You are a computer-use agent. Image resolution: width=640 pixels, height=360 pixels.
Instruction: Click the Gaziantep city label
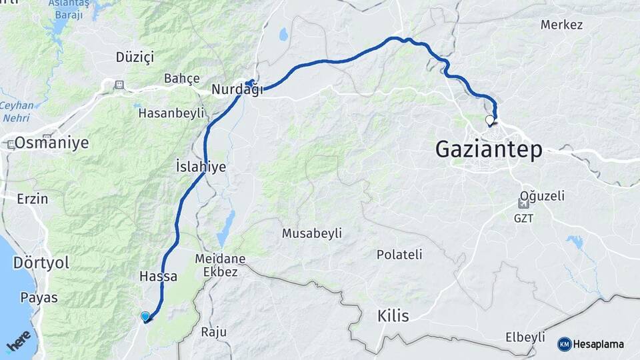click(488, 149)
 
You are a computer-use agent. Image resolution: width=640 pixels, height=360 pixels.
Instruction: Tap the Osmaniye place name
click(51, 143)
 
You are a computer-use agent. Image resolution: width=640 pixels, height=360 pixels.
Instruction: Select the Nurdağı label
click(237, 89)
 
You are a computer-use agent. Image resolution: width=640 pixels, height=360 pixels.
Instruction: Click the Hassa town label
click(158, 276)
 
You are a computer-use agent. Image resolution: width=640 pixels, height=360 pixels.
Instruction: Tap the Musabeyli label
click(311, 233)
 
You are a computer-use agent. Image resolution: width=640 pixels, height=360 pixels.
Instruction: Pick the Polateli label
click(399, 255)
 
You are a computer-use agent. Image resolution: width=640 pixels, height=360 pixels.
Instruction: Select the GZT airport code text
click(523, 218)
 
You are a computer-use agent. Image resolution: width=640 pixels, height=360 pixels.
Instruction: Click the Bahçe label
click(182, 79)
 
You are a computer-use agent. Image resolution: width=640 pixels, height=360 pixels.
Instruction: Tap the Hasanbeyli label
click(171, 113)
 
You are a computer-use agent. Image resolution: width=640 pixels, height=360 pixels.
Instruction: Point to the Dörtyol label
click(41, 263)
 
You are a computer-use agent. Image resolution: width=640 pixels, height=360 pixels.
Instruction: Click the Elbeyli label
click(525, 337)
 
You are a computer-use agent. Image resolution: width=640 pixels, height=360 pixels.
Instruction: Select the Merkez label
click(561, 25)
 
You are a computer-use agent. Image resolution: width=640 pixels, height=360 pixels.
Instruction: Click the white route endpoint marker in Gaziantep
click(490, 121)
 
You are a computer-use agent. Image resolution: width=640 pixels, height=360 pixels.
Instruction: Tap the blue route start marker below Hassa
click(145, 316)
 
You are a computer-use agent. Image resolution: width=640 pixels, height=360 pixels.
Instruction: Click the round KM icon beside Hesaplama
click(564, 344)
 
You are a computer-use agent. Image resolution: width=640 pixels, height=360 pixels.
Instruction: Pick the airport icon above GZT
click(524, 203)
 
